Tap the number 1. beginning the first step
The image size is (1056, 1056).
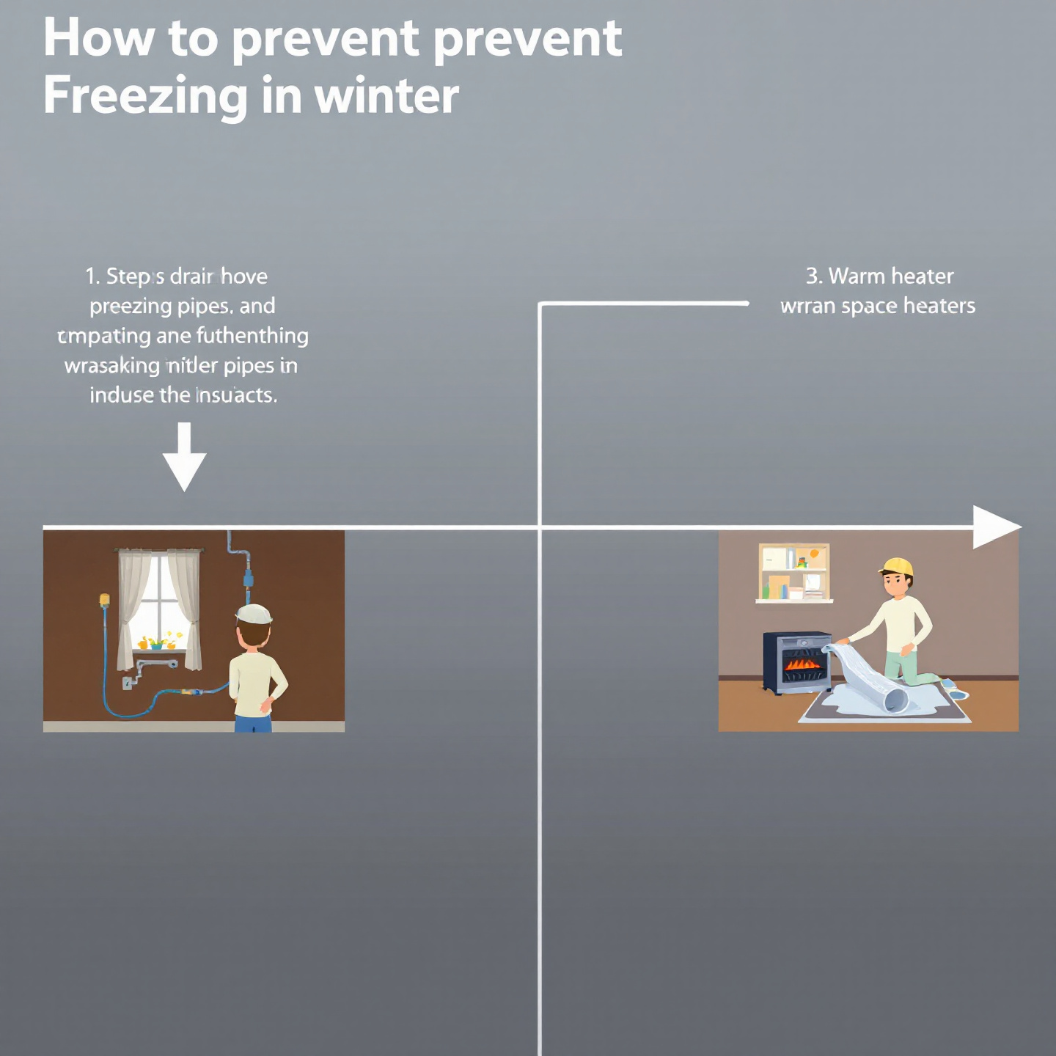click(92, 276)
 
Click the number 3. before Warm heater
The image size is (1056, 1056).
click(813, 276)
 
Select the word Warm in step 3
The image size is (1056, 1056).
click(856, 276)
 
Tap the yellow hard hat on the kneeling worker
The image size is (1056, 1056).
click(897, 566)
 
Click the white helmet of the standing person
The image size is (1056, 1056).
click(254, 614)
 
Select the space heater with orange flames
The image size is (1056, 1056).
click(798, 661)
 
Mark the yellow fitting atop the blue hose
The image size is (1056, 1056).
click(104, 600)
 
